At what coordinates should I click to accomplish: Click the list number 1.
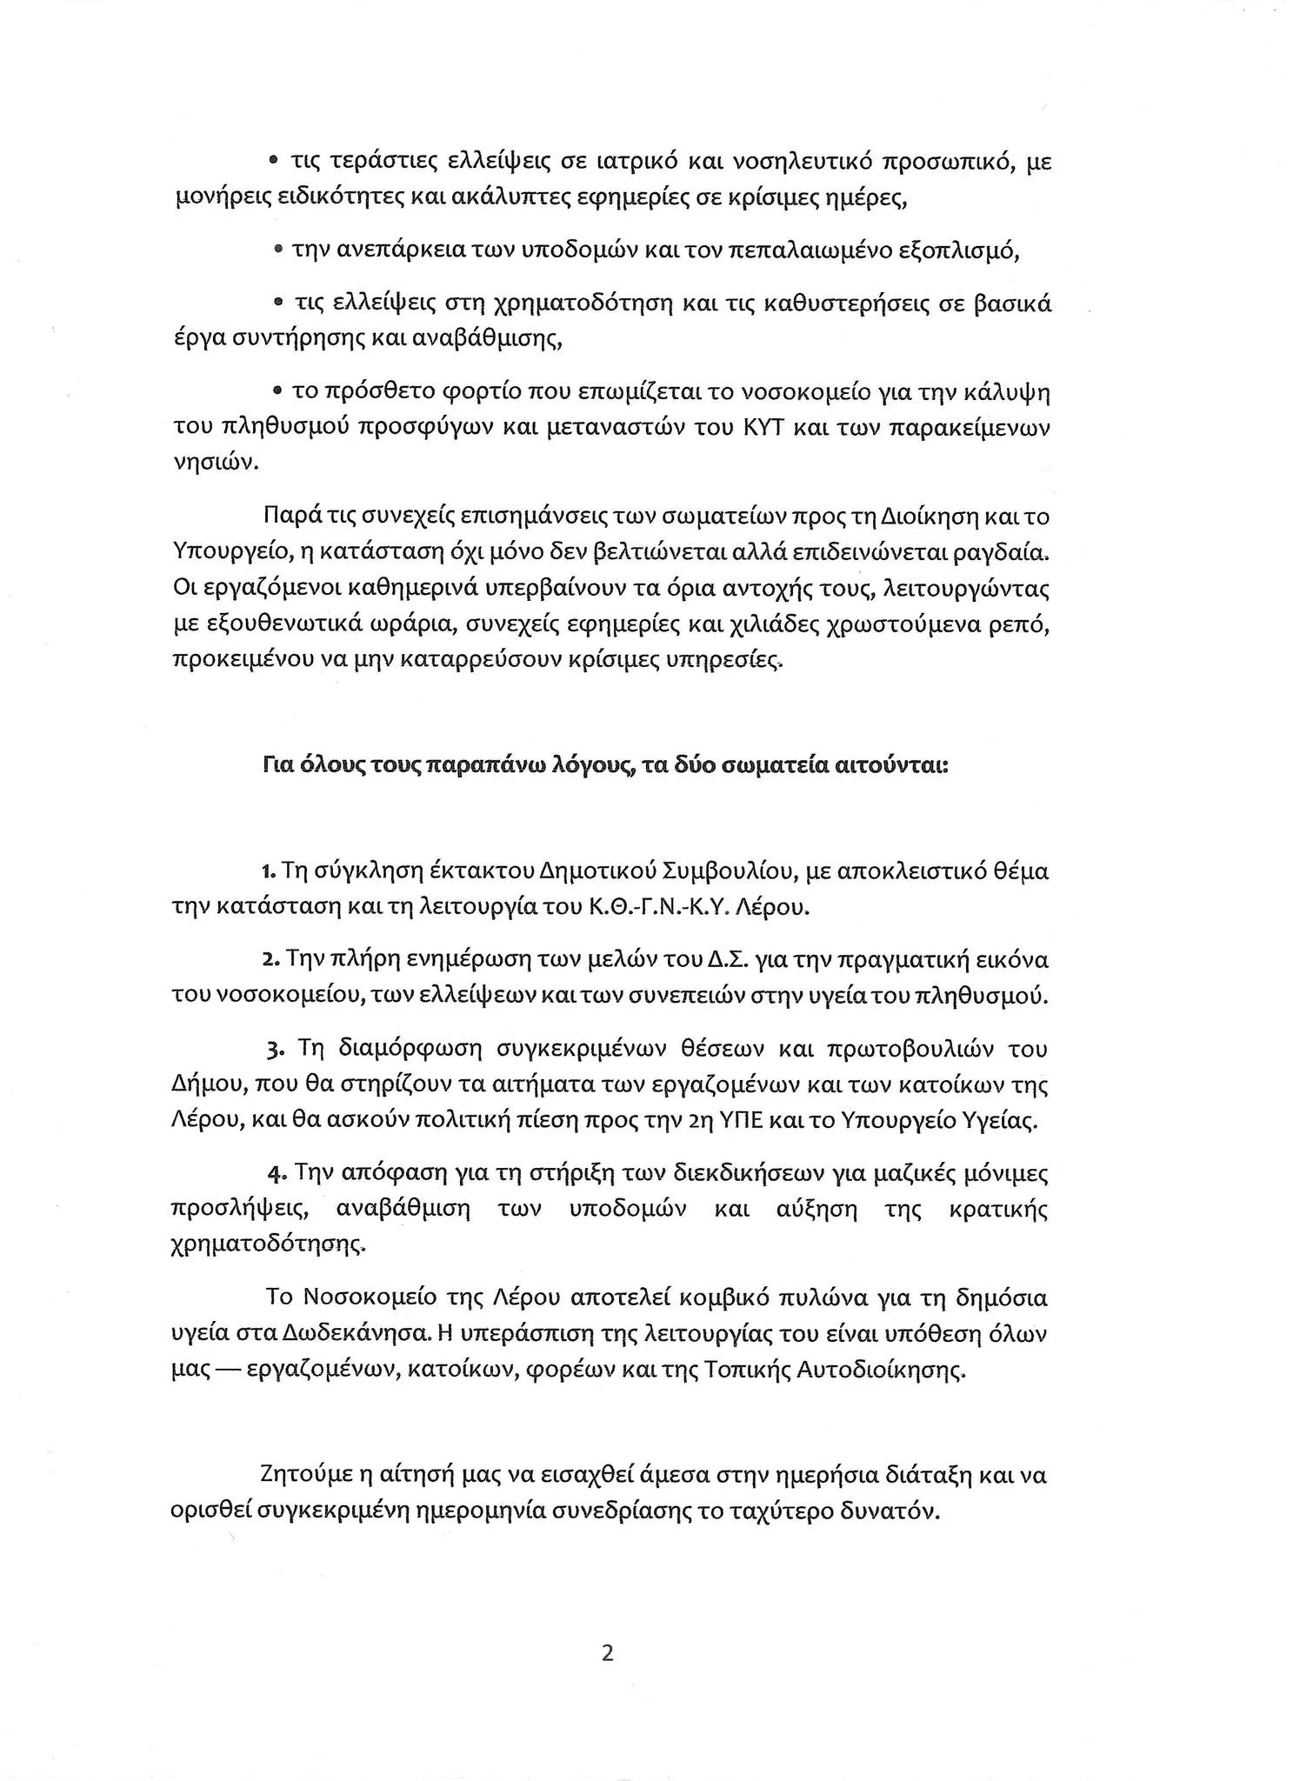pos(267,871)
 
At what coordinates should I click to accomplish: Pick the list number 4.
pos(277,1174)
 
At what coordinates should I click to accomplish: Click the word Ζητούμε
pos(308,1476)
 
